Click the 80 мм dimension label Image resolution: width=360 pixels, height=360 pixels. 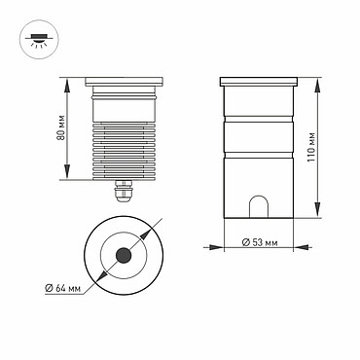61,127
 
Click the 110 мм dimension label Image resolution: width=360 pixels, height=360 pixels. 311,147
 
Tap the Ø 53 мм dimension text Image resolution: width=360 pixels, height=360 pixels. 260,242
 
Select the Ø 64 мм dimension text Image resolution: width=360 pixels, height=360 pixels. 63,288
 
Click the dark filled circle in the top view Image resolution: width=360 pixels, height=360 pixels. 124,256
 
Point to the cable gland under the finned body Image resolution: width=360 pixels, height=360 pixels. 124,191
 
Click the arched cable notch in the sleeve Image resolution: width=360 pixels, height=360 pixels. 259,206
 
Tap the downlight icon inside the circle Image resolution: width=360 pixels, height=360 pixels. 39,39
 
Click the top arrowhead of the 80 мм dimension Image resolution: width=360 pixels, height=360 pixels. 67,86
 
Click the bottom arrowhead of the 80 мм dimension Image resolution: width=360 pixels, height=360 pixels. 67,171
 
